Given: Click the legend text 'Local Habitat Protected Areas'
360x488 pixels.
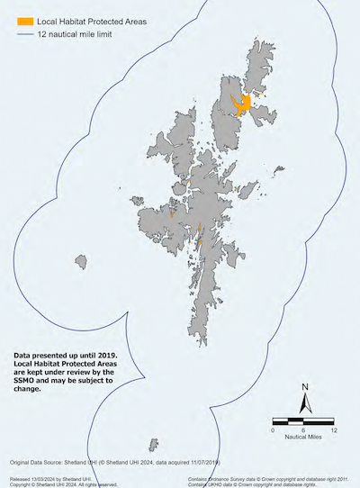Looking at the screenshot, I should click(93, 20).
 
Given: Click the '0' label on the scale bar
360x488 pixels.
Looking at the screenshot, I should click(273, 429).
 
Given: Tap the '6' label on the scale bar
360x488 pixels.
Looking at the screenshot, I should click(303, 429).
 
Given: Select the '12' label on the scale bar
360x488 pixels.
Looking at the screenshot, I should click(334, 429).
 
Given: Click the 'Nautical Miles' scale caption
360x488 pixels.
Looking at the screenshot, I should click(303, 438).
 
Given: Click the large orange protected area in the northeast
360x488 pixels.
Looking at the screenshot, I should click(240, 106).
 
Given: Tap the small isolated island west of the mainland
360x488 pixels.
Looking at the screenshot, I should click(82, 262).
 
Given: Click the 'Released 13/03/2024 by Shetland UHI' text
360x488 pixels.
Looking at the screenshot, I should click(45, 478).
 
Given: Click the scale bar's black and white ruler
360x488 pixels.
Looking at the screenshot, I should click(303, 420).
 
